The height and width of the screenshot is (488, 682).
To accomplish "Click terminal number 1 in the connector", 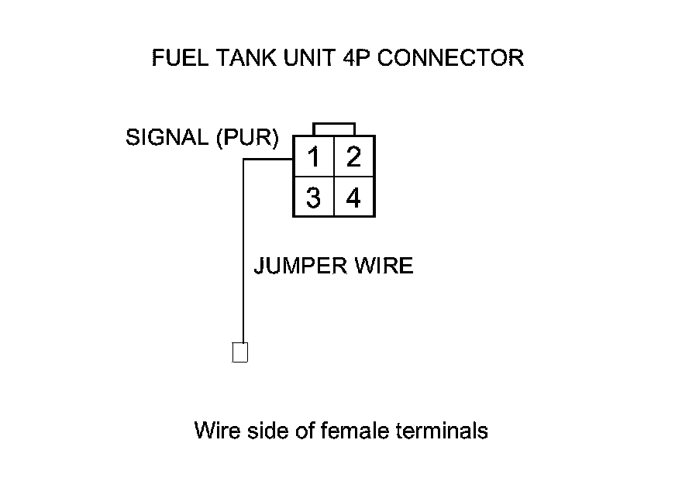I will click(x=313, y=157).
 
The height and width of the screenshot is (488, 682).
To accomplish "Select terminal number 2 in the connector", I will click(x=353, y=157).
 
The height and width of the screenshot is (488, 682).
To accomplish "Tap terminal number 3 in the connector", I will click(x=313, y=198).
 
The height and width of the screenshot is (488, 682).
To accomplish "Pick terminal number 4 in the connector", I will click(x=353, y=198).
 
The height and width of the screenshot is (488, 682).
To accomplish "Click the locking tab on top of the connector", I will click(x=334, y=129).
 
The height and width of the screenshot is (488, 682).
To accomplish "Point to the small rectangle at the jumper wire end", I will click(x=240, y=352).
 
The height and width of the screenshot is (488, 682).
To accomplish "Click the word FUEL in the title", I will click(x=174, y=58).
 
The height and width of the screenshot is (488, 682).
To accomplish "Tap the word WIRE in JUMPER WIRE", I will click(x=383, y=266).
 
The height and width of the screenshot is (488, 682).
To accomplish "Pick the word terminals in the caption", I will click(x=443, y=430).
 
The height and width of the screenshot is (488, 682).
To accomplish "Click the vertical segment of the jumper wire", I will click(x=244, y=256).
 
